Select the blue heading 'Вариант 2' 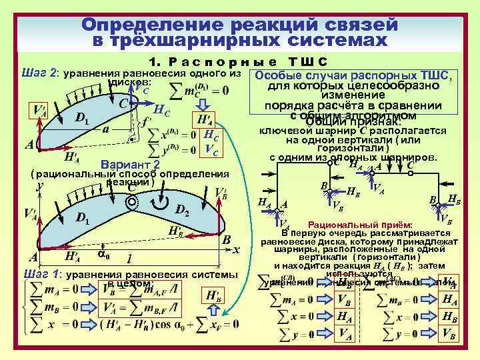click(129, 165)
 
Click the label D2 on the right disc click(183, 211)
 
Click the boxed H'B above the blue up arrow click(215, 295)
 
